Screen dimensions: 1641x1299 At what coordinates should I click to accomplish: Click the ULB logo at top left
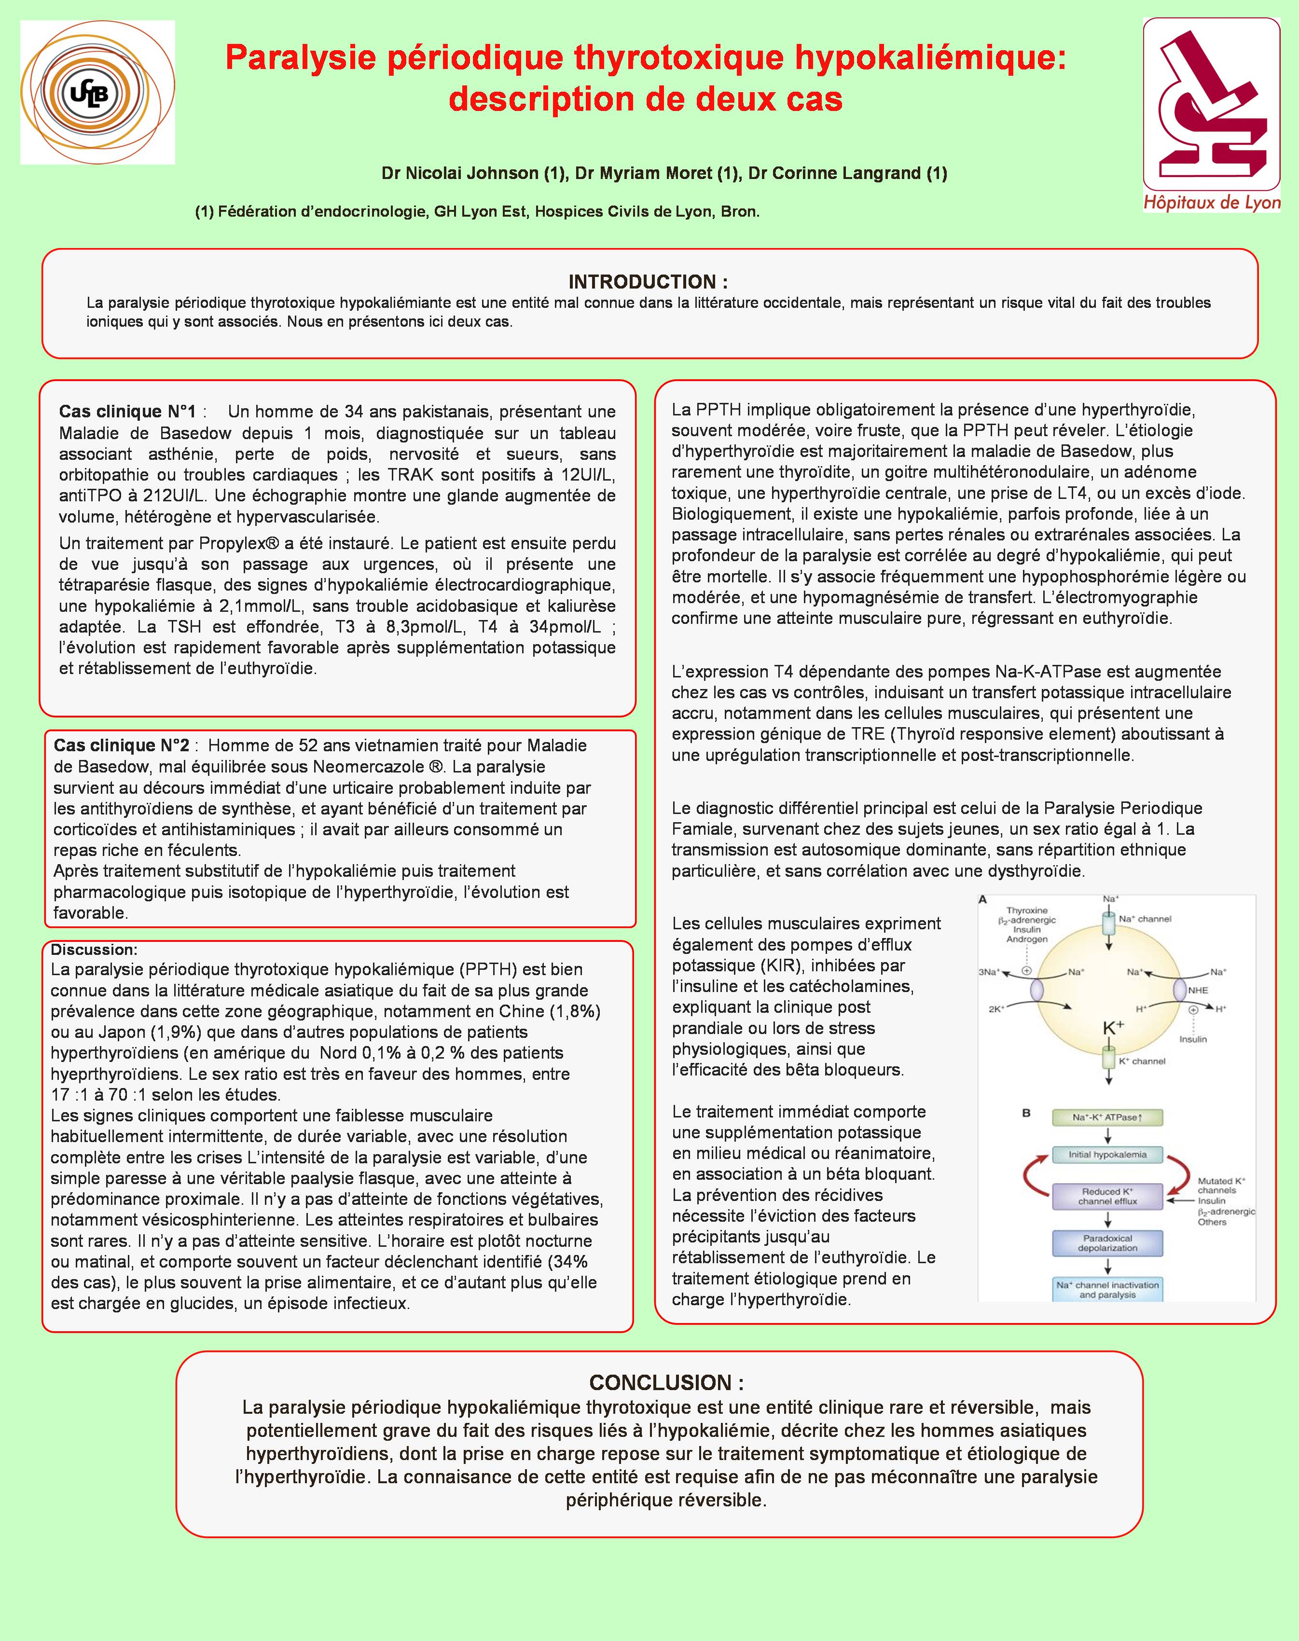(x=97, y=92)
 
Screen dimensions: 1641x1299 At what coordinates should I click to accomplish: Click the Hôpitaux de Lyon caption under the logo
(x=1212, y=203)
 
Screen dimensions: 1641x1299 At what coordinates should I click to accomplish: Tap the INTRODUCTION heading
(x=648, y=282)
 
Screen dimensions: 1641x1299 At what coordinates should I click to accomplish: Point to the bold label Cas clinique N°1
(x=127, y=412)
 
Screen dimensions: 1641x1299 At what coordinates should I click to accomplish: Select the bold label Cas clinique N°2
(x=121, y=745)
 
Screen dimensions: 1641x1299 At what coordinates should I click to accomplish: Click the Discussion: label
(x=94, y=950)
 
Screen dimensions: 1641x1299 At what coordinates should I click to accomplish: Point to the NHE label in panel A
(x=1197, y=990)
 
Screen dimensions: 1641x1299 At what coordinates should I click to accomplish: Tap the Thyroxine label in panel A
(x=1027, y=910)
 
